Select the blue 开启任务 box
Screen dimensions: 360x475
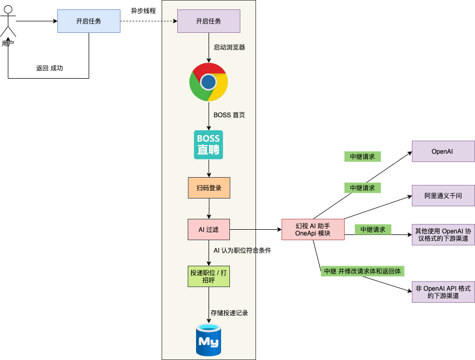point(89,21)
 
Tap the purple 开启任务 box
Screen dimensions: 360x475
point(209,21)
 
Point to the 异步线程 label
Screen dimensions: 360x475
point(143,11)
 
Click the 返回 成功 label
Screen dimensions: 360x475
point(50,68)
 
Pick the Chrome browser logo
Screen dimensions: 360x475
point(209,82)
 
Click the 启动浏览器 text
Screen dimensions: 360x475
point(229,47)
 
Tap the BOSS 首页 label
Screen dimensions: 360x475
point(229,115)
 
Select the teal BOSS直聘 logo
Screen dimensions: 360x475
point(209,145)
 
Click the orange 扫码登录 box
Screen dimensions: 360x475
point(209,188)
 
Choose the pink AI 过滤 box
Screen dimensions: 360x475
point(209,229)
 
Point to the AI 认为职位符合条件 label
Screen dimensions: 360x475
point(242,251)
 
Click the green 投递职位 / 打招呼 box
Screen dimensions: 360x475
point(209,276)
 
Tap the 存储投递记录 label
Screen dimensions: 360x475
point(229,313)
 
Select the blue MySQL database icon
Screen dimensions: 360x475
point(209,340)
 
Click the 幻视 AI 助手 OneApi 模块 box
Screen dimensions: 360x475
point(313,229)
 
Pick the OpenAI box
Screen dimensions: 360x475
point(443,151)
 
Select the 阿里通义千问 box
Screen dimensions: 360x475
point(443,196)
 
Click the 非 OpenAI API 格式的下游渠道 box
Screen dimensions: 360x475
point(443,292)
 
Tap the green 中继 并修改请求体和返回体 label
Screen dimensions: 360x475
point(363,271)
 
